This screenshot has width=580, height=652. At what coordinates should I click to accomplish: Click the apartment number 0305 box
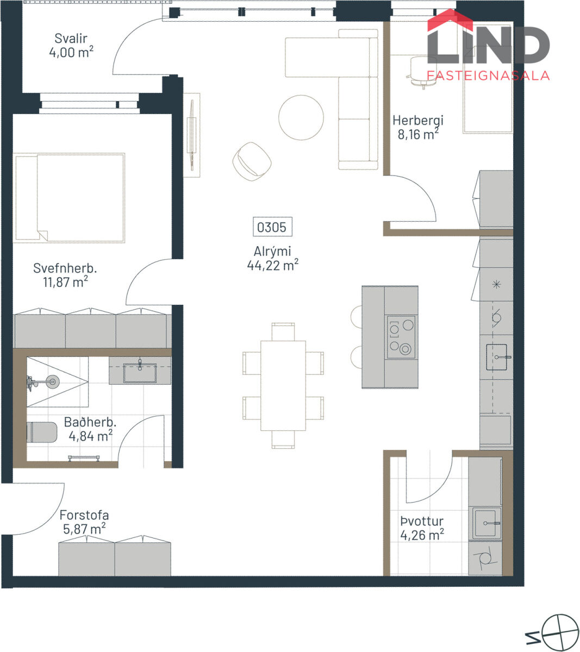coord(272,227)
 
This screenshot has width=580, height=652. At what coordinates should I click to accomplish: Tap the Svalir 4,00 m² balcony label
coord(71,46)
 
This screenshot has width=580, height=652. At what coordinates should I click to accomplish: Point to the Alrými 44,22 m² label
coord(272,258)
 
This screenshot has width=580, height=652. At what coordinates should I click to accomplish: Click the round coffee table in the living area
coord(301,117)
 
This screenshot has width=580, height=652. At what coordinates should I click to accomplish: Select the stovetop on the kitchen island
coord(401,337)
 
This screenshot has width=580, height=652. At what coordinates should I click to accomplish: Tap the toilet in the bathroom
coord(41,432)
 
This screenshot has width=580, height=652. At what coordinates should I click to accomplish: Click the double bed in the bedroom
coord(69,198)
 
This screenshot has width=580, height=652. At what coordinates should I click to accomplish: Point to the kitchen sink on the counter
coord(497,357)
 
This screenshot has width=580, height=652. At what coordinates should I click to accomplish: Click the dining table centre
coord(283,386)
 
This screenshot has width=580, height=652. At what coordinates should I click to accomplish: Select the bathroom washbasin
coord(140,373)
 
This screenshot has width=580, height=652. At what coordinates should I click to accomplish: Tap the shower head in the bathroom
coord(52,381)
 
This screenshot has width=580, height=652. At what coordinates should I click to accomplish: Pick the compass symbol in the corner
coord(560,632)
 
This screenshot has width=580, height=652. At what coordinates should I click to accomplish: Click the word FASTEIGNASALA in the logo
coord(488,76)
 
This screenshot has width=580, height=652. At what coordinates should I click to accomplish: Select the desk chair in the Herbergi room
coord(422,71)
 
